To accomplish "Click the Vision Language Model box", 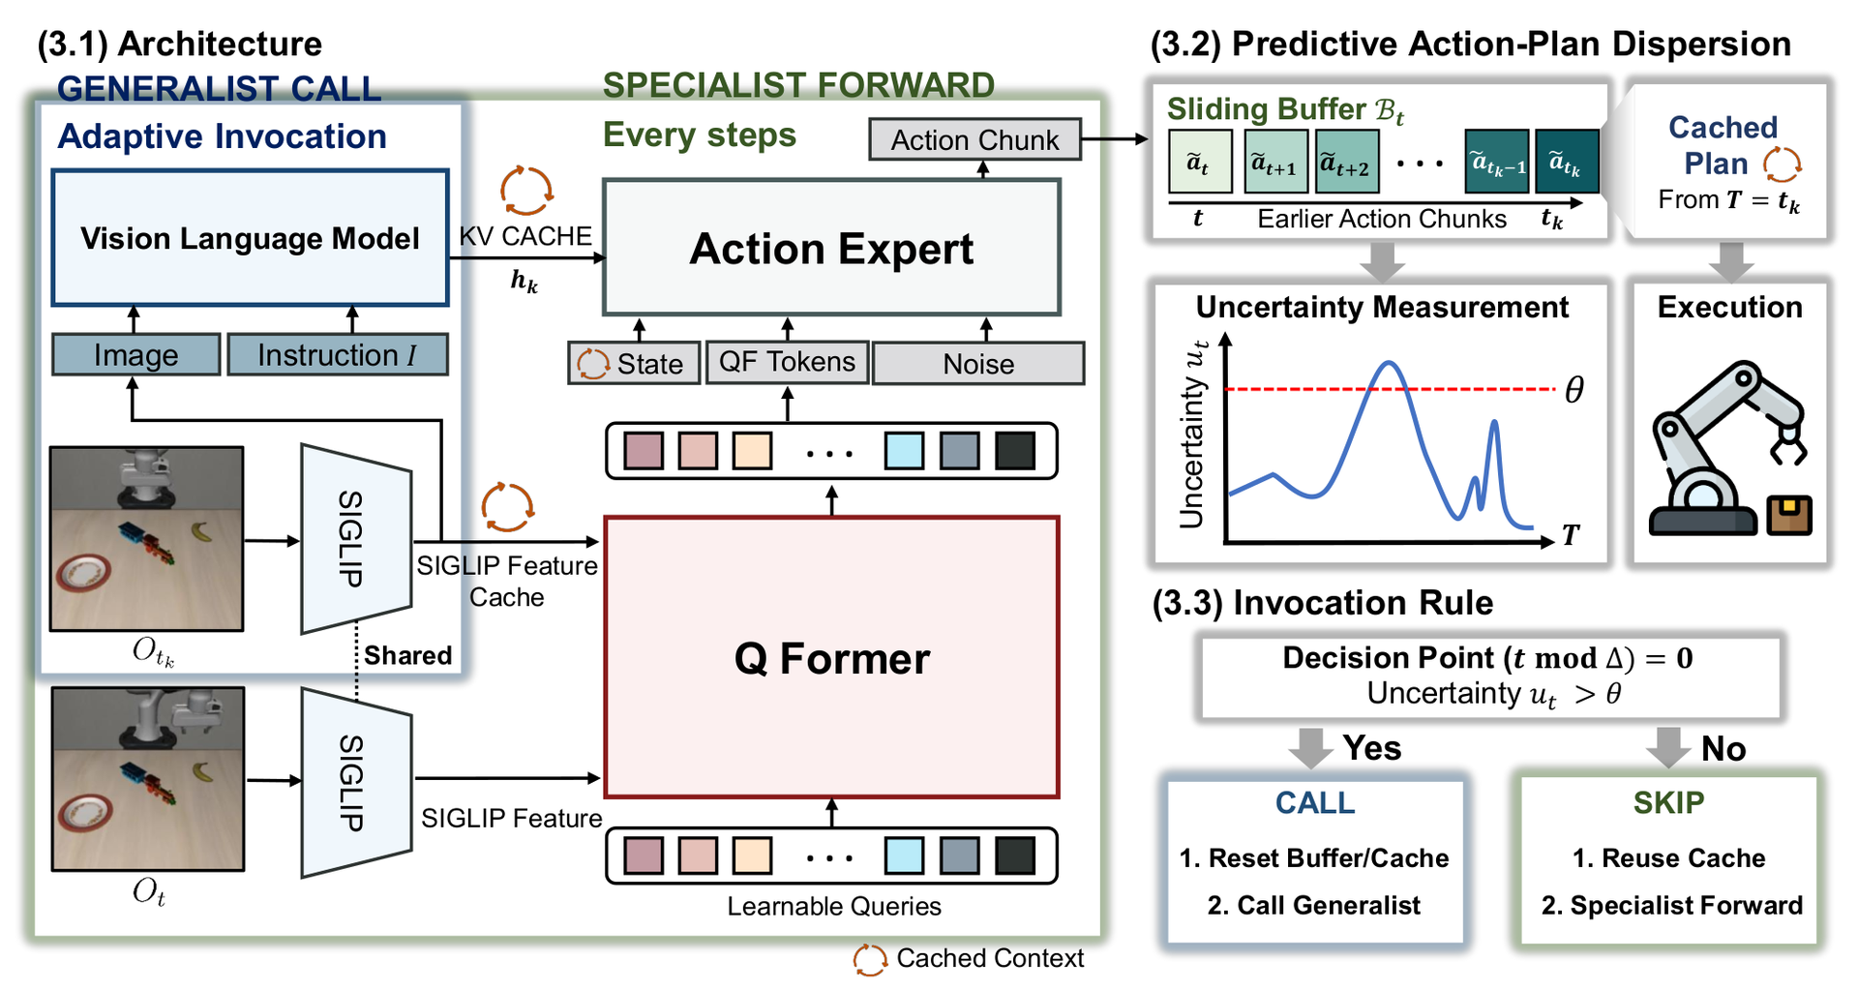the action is coord(250,238).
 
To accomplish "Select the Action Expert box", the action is coord(831,248).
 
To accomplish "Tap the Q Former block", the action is coord(831,657).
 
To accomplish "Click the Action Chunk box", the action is coord(974,139).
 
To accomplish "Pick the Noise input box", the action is coord(978,364).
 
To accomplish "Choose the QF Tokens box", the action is coord(787,362).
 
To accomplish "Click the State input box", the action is coord(634,364).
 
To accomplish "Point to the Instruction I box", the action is coord(338,355).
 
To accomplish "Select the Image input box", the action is coord(136,355).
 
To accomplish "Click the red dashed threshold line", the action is coord(1390,389).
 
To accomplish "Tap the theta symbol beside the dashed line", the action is coord(1574,390).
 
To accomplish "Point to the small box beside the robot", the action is coord(1789,515).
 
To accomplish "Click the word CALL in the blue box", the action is coord(1314,802).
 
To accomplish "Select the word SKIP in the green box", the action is coord(1668,802).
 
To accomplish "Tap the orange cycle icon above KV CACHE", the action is coord(525,190).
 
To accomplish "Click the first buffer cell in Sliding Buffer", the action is coord(1200,162).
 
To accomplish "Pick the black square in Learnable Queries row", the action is coord(1015,856).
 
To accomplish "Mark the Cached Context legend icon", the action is coord(870,960).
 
